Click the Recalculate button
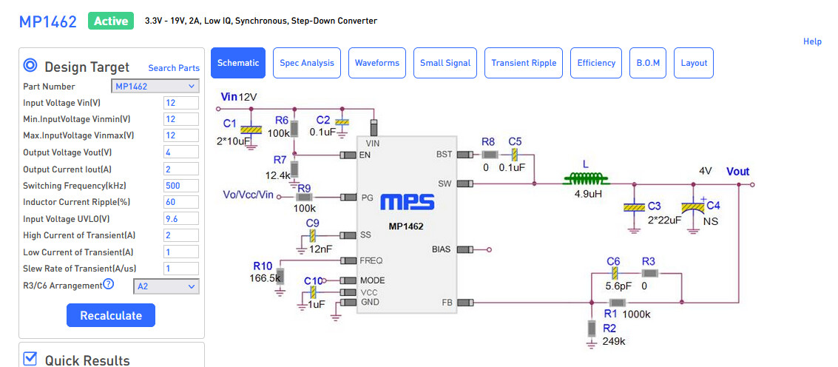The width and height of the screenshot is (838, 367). click(x=111, y=315)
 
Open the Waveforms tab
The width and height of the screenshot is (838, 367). click(x=376, y=63)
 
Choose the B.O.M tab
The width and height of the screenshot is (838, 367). click(x=648, y=63)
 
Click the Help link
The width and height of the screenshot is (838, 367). click(x=812, y=41)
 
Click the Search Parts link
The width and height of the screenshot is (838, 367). click(x=174, y=68)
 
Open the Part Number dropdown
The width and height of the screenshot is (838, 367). click(x=156, y=87)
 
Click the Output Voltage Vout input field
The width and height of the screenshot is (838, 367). click(x=180, y=152)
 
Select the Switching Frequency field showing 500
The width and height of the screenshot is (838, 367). click(x=180, y=186)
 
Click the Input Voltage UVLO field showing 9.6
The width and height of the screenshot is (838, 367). click(x=180, y=219)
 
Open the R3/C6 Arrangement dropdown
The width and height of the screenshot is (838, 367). click(x=166, y=286)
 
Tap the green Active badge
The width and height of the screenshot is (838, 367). click(x=111, y=21)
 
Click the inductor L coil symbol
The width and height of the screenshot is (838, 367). click(x=586, y=178)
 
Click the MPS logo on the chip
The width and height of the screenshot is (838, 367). click(x=408, y=203)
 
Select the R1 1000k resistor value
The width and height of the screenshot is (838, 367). click(x=637, y=314)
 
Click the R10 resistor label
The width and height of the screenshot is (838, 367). click(x=263, y=266)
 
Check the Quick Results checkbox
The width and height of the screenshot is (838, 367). click(x=30, y=359)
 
